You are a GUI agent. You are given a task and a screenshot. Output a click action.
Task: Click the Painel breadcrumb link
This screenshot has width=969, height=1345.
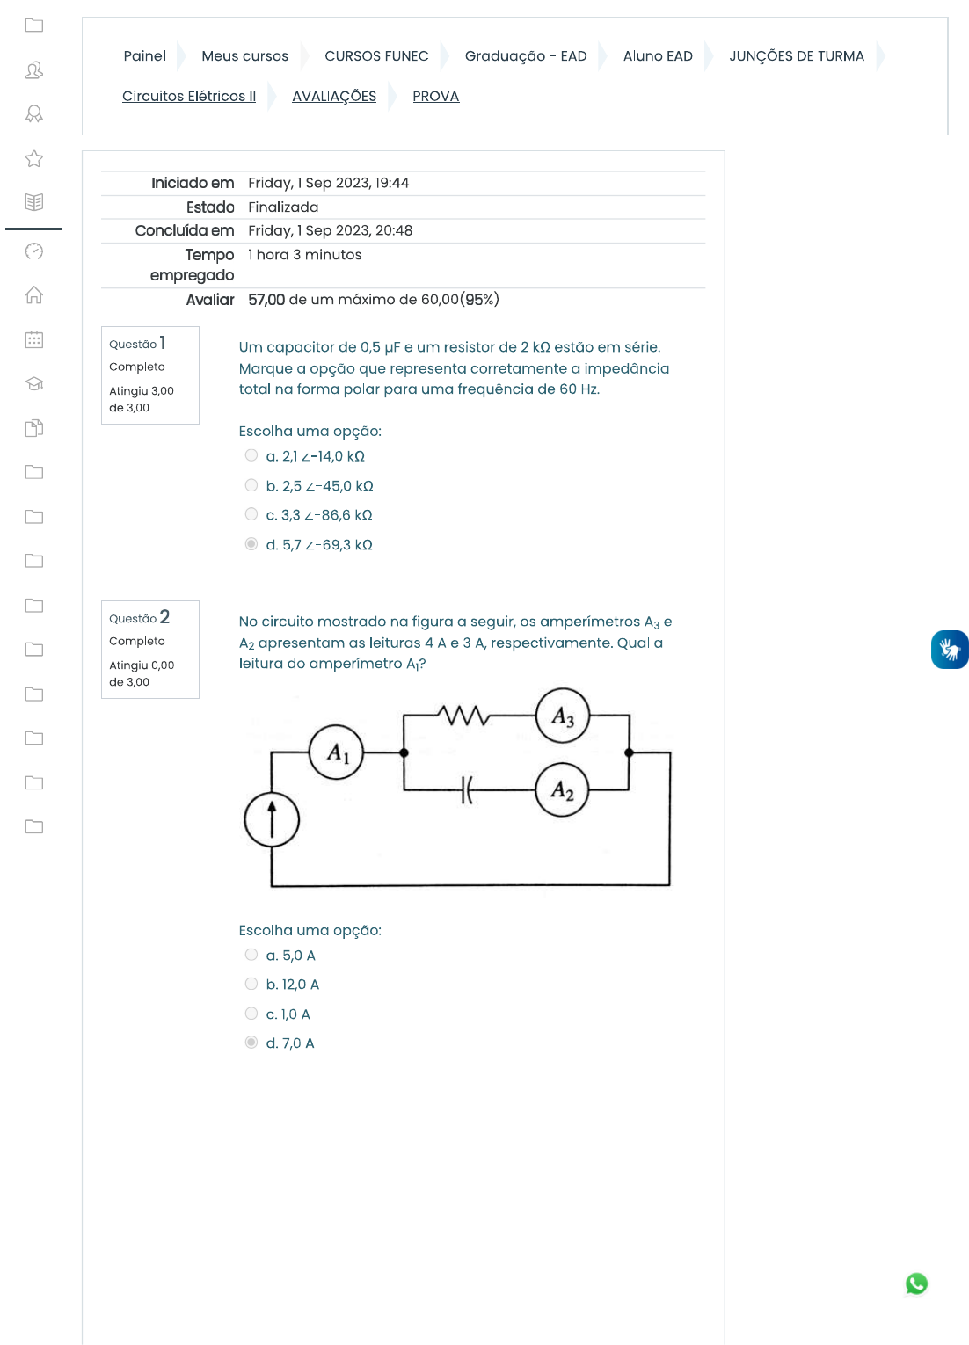coord(144,56)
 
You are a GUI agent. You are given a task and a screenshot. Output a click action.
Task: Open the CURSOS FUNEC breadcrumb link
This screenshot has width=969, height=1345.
coord(376,56)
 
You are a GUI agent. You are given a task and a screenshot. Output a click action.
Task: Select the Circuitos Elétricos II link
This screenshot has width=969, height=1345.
coord(189,97)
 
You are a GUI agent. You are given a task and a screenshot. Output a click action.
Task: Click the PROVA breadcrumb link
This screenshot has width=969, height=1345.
coord(435,97)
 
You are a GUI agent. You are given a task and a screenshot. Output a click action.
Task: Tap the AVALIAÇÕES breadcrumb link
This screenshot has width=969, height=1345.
coord(334,97)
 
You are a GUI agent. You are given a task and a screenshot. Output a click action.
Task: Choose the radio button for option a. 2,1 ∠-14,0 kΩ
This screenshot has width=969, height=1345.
coord(251,455)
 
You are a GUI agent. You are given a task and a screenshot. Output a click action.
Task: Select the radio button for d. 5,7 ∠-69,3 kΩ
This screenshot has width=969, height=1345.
coord(251,544)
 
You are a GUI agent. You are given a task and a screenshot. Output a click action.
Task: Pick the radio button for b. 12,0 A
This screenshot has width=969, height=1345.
coord(251,984)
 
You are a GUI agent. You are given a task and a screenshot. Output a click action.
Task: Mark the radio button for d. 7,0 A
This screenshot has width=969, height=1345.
coord(251,1043)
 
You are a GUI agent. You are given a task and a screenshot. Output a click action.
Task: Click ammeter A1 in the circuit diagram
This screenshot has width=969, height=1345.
coord(337,752)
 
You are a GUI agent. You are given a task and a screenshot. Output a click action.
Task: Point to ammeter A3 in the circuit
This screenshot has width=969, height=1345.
coord(563,716)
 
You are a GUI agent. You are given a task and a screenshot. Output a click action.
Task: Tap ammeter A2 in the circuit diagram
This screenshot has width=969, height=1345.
coord(563,790)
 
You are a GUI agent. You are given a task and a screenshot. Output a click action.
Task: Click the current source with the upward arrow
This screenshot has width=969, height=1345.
coord(272,820)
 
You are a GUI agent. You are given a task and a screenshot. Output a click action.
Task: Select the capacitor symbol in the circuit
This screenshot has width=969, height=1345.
coord(467,789)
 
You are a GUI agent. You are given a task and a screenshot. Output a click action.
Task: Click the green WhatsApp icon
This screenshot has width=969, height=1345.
coord(916,1283)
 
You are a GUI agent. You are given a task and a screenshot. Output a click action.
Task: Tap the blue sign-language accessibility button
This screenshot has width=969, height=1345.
coord(950,650)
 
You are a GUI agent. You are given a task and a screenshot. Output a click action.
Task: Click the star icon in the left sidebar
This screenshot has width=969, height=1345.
coord(34,158)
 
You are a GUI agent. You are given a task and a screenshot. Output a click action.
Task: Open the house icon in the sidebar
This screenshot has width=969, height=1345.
coord(34,294)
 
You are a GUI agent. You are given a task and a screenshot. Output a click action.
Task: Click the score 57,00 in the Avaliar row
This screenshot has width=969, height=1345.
coord(266,300)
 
